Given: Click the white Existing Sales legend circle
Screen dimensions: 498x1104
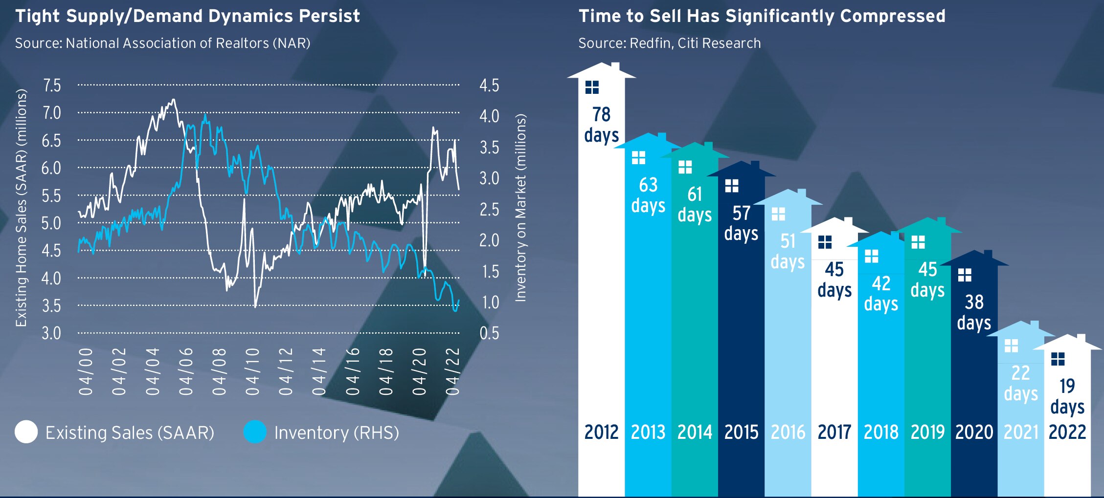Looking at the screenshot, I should [26, 432].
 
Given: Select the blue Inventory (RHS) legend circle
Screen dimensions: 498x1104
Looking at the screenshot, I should [255, 432].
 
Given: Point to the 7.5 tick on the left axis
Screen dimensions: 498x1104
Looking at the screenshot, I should [52, 86].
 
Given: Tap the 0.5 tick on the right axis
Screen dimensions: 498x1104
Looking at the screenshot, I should [489, 333].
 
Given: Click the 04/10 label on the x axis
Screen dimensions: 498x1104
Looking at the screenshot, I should [252, 372].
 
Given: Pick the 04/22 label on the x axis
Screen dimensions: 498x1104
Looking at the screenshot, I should [453, 372].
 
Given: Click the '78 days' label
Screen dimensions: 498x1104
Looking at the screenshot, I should [601, 125].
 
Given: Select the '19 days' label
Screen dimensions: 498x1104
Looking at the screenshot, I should [1067, 396].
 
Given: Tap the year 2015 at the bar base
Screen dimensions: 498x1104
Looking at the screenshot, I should [741, 432].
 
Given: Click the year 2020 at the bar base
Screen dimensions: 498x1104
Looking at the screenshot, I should [974, 432].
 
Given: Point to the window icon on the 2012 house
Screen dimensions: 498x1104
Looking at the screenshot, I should [592, 87].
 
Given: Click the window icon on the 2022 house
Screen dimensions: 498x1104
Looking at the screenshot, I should [1058, 359].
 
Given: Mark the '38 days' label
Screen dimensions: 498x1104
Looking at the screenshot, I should [974, 312].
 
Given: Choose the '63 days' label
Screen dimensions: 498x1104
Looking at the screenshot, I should [648, 195].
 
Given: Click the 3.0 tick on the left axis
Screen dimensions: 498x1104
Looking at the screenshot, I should [51, 333].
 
